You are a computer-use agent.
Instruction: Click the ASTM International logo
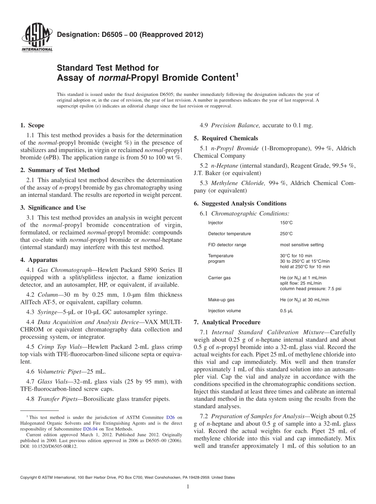36,38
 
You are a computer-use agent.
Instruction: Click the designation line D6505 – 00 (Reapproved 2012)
130,34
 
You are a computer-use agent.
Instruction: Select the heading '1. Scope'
32,126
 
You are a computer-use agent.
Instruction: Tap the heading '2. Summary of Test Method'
60,170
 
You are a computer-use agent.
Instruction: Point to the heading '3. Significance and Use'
53,208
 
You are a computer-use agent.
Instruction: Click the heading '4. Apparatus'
38,260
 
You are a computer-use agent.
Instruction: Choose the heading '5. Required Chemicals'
226,138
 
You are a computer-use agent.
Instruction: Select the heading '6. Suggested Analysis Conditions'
240,204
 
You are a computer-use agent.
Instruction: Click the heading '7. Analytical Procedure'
227,322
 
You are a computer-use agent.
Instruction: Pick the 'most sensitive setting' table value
302,245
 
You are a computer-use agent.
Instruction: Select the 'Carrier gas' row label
219,278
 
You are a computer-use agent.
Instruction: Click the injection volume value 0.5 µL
286,311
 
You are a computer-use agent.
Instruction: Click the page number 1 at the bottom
188,487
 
